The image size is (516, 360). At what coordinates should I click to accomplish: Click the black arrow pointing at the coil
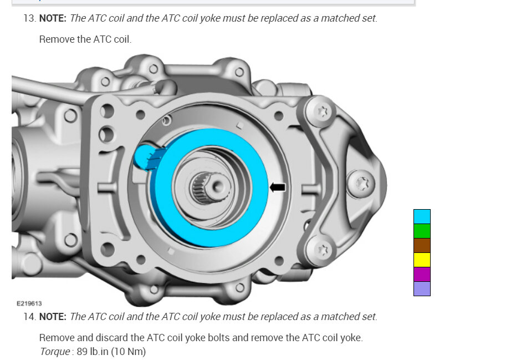pos(278,187)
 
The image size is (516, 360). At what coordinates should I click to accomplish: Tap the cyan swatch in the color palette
pos(422,217)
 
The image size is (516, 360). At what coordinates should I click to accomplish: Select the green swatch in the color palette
pos(422,231)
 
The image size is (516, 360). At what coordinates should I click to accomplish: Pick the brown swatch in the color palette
pos(422,245)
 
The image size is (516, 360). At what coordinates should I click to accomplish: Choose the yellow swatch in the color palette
pos(422,260)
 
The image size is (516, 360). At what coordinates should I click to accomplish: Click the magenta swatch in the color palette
pos(422,274)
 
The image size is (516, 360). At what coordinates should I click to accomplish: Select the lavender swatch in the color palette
pos(422,288)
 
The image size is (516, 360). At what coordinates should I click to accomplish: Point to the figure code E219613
pos(29,303)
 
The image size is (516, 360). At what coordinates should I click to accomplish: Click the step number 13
pos(29,18)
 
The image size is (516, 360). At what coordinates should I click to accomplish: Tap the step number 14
pos(29,317)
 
